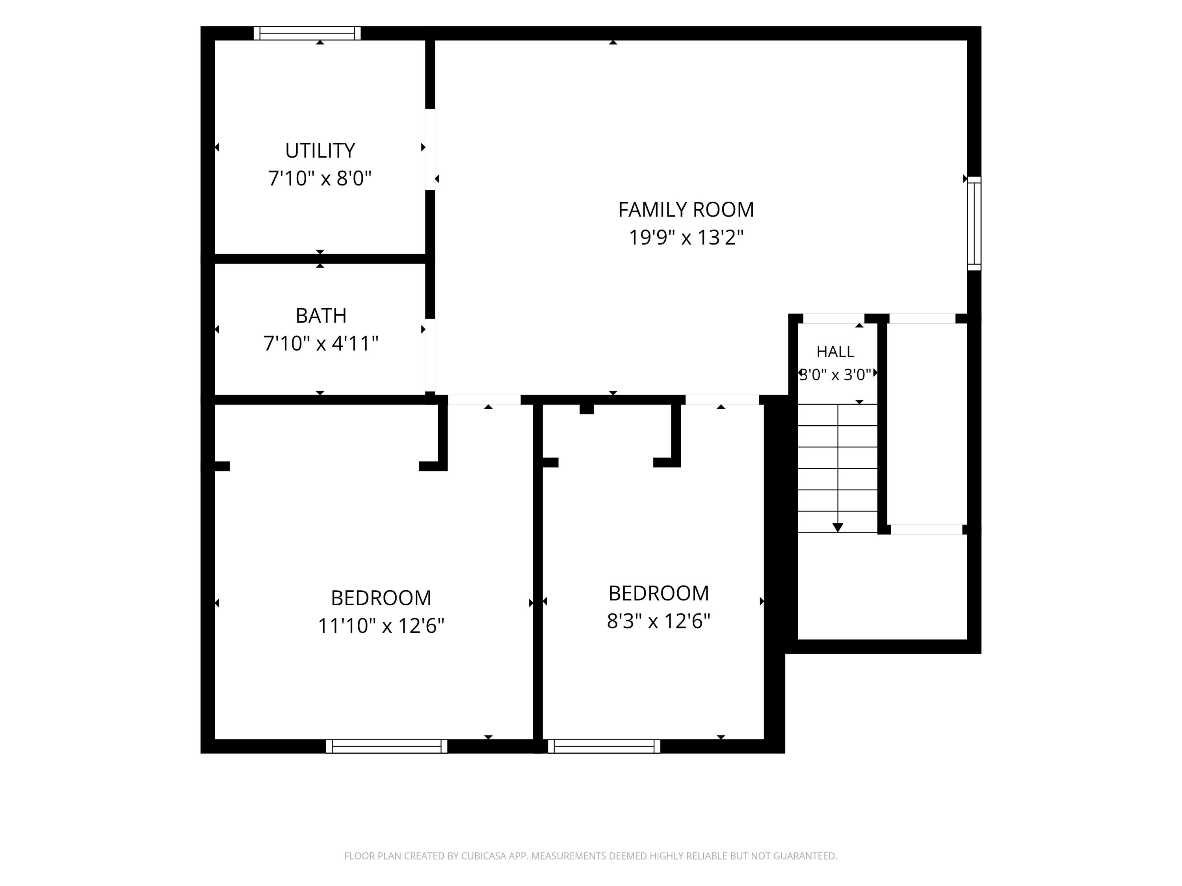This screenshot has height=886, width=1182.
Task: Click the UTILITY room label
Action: pyautogui.click(x=320, y=150)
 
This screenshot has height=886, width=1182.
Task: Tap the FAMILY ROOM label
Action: pyautogui.click(x=686, y=209)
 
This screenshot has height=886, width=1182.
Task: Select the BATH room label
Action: pyautogui.click(x=321, y=316)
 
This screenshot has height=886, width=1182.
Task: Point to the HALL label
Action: pyautogui.click(x=835, y=351)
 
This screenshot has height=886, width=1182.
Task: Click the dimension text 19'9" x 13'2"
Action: pyautogui.click(x=686, y=237)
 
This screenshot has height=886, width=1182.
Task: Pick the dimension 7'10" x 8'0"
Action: pyautogui.click(x=320, y=178)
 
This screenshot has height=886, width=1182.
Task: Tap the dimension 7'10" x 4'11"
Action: pyautogui.click(x=321, y=343)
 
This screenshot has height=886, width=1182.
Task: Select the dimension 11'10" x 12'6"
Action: pyautogui.click(x=381, y=625)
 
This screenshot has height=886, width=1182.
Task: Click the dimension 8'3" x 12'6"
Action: pyautogui.click(x=658, y=621)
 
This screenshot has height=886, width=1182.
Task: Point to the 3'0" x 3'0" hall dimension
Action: pyautogui.click(x=835, y=374)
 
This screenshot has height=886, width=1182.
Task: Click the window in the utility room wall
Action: pyautogui.click(x=307, y=33)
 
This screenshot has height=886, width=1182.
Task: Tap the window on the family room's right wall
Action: pyautogui.click(x=974, y=223)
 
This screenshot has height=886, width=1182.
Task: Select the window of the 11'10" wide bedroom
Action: pyautogui.click(x=387, y=746)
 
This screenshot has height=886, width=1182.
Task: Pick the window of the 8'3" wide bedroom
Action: pyautogui.click(x=604, y=746)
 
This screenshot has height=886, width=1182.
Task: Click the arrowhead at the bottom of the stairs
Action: pyautogui.click(x=838, y=528)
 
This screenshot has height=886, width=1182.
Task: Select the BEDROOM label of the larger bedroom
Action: pyautogui.click(x=381, y=598)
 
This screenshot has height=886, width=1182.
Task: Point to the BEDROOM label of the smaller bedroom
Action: pyautogui.click(x=658, y=593)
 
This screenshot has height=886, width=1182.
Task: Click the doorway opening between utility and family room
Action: pyautogui.click(x=430, y=150)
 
